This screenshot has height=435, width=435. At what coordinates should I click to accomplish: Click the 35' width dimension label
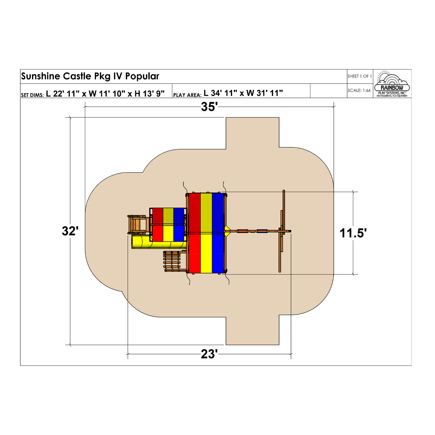pos(209,107)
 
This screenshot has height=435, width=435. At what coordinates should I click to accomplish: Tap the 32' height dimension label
pos(70,231)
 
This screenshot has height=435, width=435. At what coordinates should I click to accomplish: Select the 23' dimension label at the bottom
pos(209,354)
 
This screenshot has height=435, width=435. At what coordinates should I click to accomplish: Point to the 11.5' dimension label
pos(353,233)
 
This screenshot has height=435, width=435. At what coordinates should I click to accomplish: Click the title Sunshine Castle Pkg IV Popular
pos(90,76)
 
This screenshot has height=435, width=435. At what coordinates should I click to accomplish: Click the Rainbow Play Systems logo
pos(392,84)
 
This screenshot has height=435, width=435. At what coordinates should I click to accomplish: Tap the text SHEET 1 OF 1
pos(360,76)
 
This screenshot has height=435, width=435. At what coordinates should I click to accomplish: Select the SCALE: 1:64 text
pos(359,90)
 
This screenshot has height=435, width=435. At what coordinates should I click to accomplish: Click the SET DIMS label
pos(32,95)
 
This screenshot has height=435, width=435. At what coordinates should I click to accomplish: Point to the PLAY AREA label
pos(187,95)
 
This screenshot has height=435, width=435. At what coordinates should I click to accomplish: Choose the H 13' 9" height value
pos(149,93)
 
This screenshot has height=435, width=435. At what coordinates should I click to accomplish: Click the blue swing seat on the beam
pos(262,231)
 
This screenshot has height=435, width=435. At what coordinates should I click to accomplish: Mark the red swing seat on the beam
pos(243,231)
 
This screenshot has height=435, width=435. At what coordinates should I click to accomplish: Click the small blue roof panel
pos(179,225)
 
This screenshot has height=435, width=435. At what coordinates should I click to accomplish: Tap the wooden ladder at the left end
pos(136,224)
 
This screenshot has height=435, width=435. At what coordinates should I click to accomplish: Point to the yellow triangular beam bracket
pos(227,231)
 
